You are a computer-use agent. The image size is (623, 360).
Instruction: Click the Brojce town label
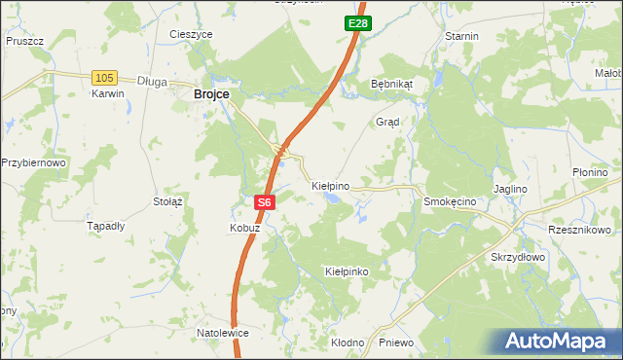[x=211, y=93]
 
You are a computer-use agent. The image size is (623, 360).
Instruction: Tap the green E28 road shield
[x=357, y=22]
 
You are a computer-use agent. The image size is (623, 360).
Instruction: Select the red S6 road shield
[x=265, y=202]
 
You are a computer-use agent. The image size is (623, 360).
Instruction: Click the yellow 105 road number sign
[x=104, y=77]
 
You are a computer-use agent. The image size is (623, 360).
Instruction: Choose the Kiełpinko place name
[x=347, y=271]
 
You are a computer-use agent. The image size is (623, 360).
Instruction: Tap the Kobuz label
[x=244, y=227]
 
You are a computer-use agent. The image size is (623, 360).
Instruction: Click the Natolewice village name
[x=223, y=333]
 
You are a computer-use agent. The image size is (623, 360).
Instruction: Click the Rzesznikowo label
[x=579, y=230]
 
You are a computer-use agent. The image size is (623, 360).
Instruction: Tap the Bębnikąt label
[x=392, y=84]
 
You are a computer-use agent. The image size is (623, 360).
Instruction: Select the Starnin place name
[x=461, y=36]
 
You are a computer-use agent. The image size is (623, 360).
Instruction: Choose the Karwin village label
[x=108, y=94]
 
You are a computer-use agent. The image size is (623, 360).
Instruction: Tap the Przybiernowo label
[x=33, y=162]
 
